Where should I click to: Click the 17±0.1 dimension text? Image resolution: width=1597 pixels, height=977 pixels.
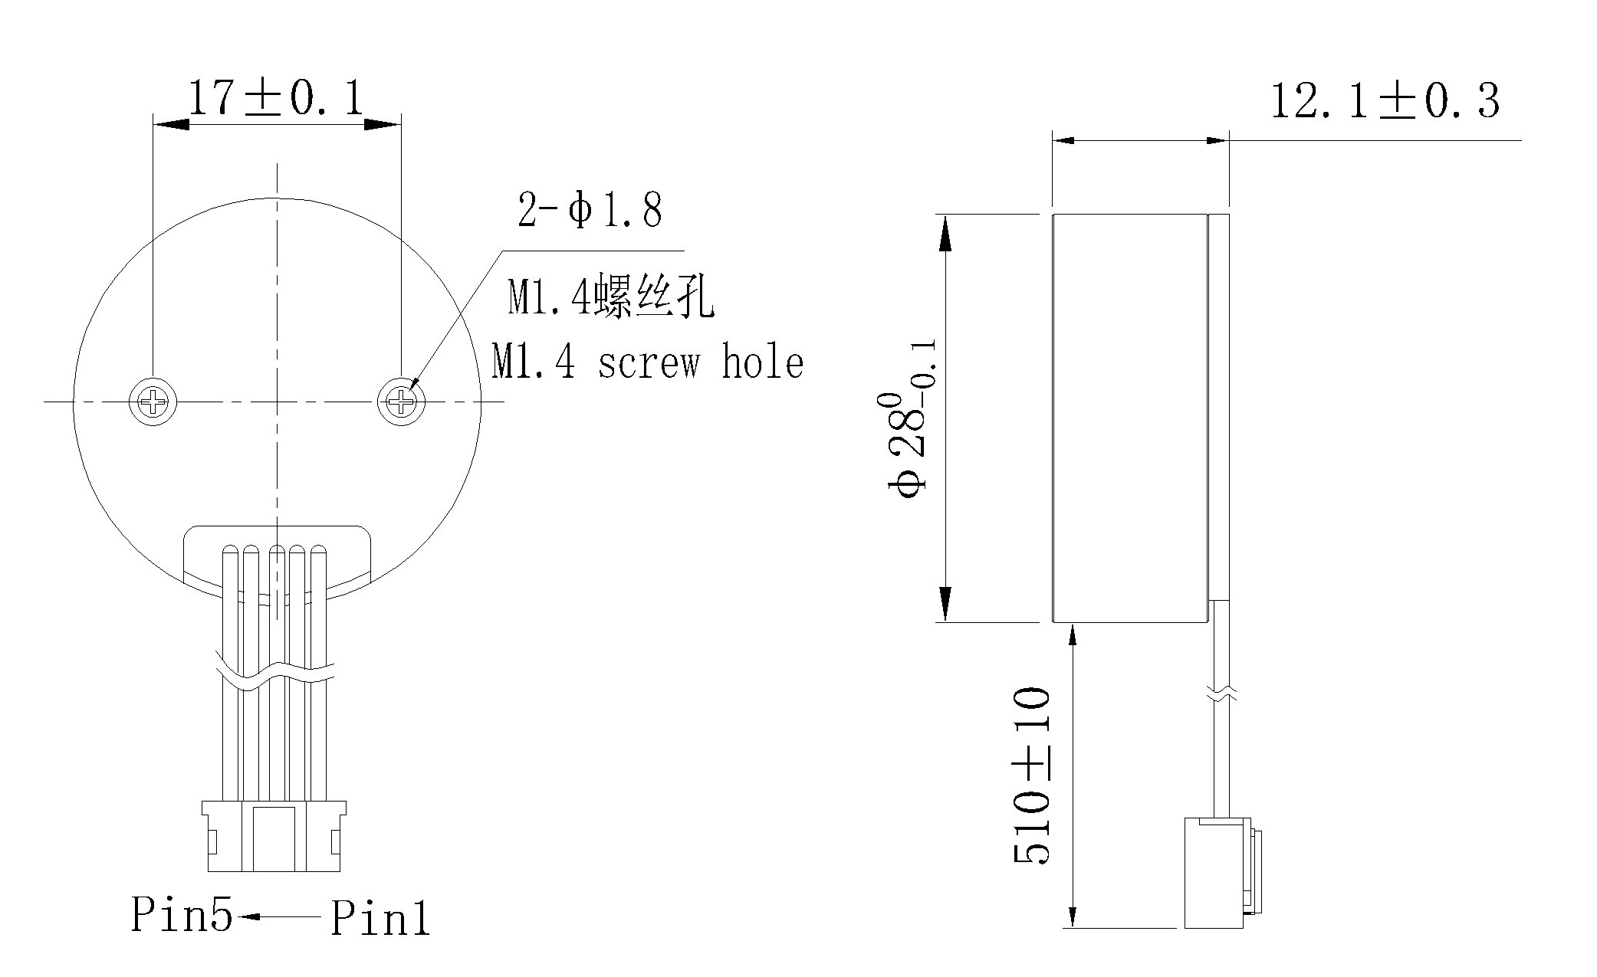pyautogui.click(x=276, y=97)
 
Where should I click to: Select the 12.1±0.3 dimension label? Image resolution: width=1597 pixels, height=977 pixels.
pyautogui.click(x=1384, y=101)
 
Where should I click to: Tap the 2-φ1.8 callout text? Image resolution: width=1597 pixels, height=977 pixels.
pyautogui.click(x=589, y=210)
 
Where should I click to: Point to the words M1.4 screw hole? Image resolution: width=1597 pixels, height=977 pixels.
pyautogui.click(x=647, y=362)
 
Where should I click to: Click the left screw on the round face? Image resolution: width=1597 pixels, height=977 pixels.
pyautogui.click(x=153, y=400)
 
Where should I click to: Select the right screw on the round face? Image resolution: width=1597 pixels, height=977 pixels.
pyautogui.click(x=400, y=400)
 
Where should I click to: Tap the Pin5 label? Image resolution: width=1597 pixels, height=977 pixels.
pyautogui.click(x=181, y=913)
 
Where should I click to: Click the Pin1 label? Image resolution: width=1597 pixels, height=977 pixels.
pyautogui.click(x=380, y=917)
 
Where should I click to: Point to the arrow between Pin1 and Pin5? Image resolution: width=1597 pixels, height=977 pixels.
pyautogui.click(x=280, y=916)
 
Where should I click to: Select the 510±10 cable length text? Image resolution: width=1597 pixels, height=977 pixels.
pyautogui.click(x=1031, y=775)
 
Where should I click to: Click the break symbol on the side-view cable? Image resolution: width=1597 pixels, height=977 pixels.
pyautogui.click(x=1222, y=693)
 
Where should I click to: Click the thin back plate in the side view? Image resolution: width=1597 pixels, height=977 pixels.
pyautogui.click(x=1219, y=406)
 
